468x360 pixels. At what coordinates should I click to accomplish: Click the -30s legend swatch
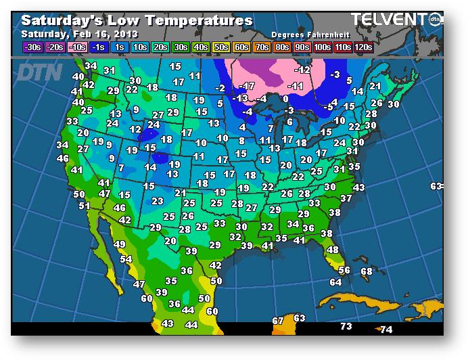point(32,47)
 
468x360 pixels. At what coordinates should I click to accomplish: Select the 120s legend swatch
point(362,47)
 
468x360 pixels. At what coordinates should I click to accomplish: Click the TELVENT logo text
point(388,20)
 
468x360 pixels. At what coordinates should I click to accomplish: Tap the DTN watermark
point(39,72)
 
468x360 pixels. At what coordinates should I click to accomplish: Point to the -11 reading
point(296,86)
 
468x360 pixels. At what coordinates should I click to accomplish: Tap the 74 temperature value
point(386,330)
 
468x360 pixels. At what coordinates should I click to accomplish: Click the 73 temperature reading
point(346,326)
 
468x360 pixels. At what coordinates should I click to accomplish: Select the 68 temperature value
point(367,271)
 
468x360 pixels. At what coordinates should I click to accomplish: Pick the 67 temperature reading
point(278,320)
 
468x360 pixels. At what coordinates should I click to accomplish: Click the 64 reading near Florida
point(335,282)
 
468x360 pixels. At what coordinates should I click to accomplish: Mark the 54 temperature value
point(126,259)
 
